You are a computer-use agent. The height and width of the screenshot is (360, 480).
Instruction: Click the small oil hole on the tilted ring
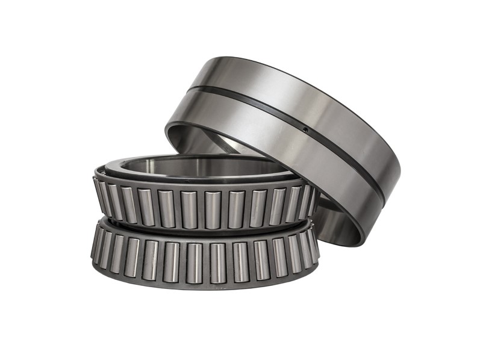305,129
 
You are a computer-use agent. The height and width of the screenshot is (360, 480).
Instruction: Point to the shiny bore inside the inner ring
199,166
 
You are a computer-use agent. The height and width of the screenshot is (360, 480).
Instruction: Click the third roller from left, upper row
128,204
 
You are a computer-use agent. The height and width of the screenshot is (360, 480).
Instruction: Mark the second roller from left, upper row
113,199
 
